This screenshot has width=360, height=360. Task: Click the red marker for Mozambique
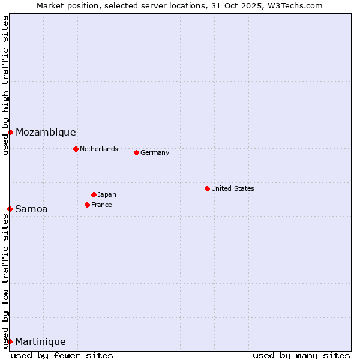[x=10, y=132]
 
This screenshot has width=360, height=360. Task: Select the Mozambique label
[x=46, y=133]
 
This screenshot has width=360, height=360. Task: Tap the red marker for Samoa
[x=10, y=209]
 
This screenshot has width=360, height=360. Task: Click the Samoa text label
[x=31, y=209]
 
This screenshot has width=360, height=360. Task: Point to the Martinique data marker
[x=10, y=341]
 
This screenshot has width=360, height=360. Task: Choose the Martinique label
[x=40, y=342]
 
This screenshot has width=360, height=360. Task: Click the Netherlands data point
[x=76, y=149]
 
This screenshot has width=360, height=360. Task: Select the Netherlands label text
[x=99, y=149]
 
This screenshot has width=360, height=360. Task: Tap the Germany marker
[x=136, y=152]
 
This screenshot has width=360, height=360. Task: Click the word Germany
[x=155, y=152]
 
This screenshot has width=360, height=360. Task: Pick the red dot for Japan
[x=94, y=194]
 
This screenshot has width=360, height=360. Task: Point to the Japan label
[x=107, y=194]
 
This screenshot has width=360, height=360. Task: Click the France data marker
[x=87, y=205]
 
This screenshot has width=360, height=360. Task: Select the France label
[x=101, y=205]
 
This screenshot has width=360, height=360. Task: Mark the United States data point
[x=207, y=188]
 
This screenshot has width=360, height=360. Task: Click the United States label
[x=233, y=188]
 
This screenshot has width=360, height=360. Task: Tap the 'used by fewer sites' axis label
[x=62, y=355]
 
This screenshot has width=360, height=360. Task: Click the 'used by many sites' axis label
[x=301, y=355]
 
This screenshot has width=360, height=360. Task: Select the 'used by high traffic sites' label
[x=5, y=85]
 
